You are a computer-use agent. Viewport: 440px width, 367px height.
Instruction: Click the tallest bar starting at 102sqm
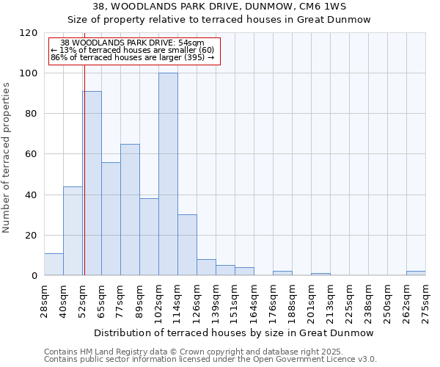click(168, 174)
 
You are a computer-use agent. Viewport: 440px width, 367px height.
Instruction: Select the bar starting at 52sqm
click(92, 183)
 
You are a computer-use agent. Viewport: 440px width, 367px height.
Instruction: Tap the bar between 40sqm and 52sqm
click(73, 230)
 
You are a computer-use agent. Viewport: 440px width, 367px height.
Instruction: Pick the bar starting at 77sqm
click(130, 209)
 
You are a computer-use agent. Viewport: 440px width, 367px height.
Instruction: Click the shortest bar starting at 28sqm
click(54, 264)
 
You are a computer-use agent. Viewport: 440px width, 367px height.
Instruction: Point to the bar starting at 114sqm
click(187, 244)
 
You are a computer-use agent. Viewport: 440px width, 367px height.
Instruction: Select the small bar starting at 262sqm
click(416, 273)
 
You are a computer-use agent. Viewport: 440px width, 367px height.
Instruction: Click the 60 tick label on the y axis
click(32, 154)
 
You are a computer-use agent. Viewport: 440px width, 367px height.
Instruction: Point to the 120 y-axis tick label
click(29, 33)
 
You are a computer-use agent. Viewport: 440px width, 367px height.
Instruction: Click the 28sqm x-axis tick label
click(45, 300)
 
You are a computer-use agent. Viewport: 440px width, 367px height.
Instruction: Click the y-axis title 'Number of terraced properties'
click(7, 158)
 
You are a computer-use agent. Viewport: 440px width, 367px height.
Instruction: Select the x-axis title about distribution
click(232, 333)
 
